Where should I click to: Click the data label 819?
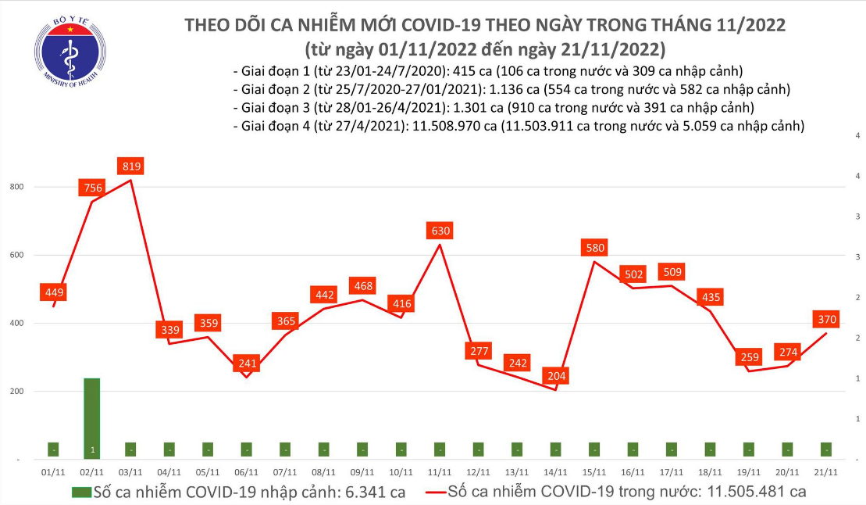coord(130,166)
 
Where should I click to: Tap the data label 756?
coord(92,188)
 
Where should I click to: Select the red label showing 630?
coord(440,231)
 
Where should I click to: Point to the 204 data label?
coord(555,376)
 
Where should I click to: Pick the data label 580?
coord(594,248)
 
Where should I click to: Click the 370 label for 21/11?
coord(826,320)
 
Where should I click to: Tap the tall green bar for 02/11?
coord(92,417)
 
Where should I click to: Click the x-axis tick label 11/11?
coord(440,472)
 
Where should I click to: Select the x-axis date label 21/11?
coord(826,472)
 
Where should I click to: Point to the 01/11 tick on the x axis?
coord(53,472)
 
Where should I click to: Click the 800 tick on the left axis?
coord(16,188)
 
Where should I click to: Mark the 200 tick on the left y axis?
coord(16,392)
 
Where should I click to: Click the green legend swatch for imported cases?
coord(80,492)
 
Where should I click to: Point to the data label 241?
coord(247,363)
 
